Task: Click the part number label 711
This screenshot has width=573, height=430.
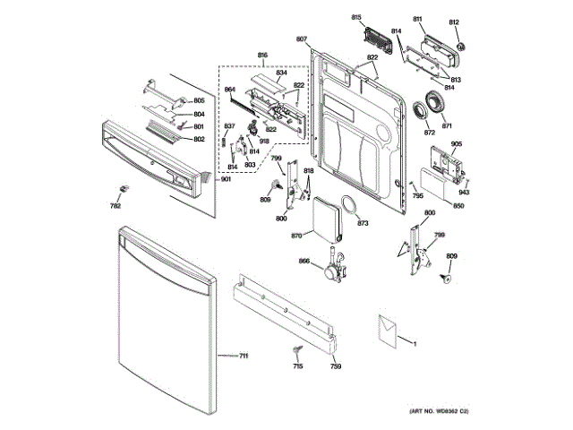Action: (243, 357)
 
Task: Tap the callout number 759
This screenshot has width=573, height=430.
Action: (335, 366)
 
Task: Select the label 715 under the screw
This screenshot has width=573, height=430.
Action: (298, 366)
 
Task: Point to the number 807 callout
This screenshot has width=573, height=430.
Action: (301, 39)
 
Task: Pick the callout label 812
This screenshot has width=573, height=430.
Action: (454, 21)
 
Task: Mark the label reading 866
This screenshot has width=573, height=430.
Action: (304, 261)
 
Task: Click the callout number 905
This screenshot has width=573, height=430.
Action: (457, 144)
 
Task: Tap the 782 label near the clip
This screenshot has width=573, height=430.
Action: (115, 206)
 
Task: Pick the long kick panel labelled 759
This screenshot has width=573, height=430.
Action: (284, 313)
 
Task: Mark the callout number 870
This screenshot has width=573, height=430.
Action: (295, 235)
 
